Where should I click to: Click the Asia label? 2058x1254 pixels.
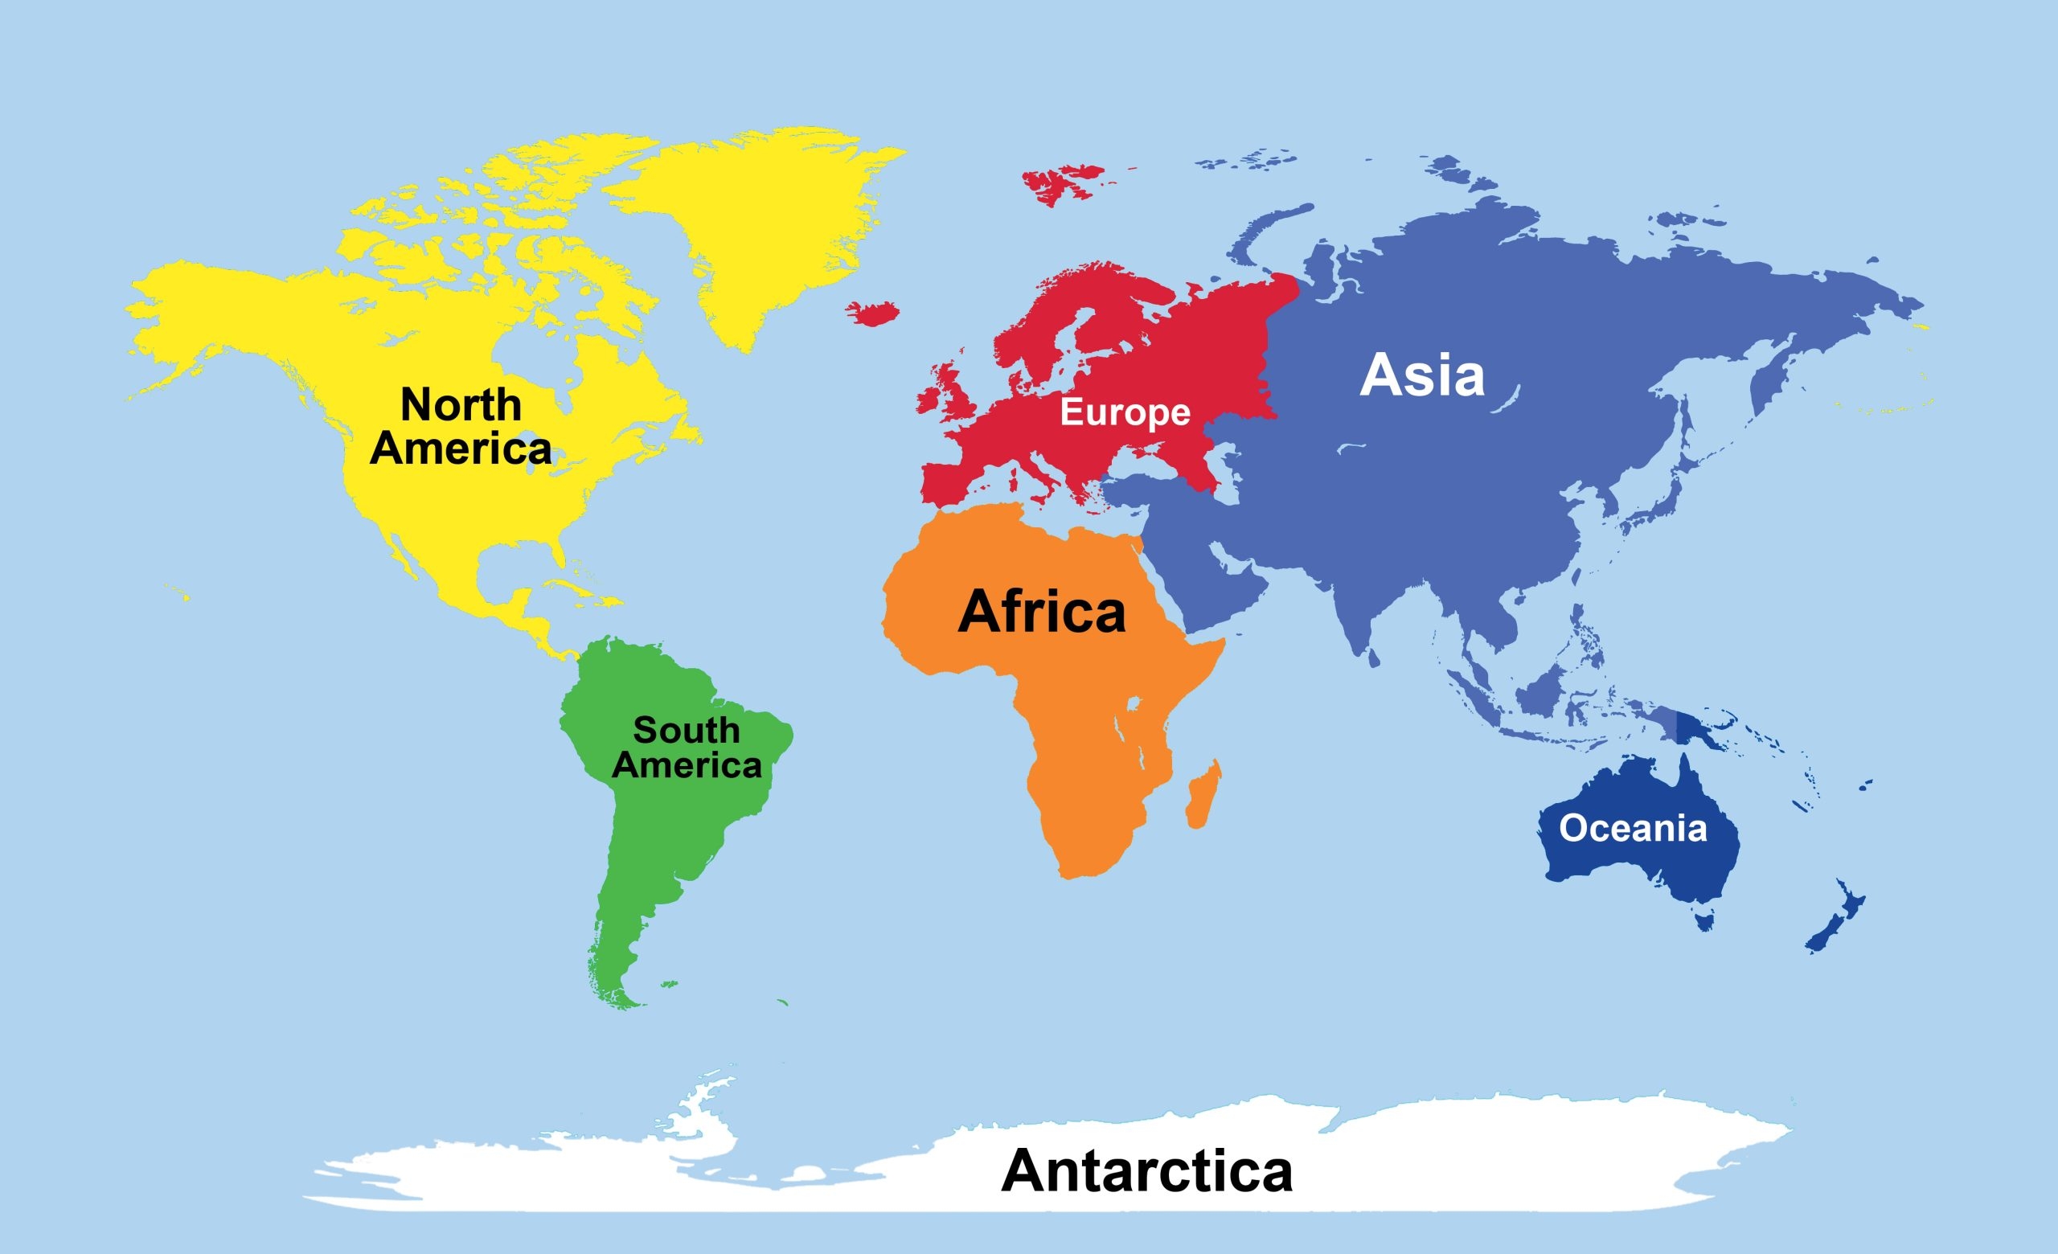(1422, 375)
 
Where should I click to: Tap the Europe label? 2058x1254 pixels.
(1125, 412)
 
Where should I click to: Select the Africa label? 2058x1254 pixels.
(1042, 612)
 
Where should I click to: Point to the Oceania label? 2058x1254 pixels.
(1633, 828)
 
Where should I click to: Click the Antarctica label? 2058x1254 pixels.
(1146, 1170)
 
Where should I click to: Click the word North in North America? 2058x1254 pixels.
(461, 405)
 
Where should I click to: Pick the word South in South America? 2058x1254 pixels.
(687, 731)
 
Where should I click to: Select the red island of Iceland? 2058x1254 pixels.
(873, 313)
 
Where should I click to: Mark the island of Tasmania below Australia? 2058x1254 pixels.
(1703, 921)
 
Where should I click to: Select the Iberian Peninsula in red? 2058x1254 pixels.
(952, 484)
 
